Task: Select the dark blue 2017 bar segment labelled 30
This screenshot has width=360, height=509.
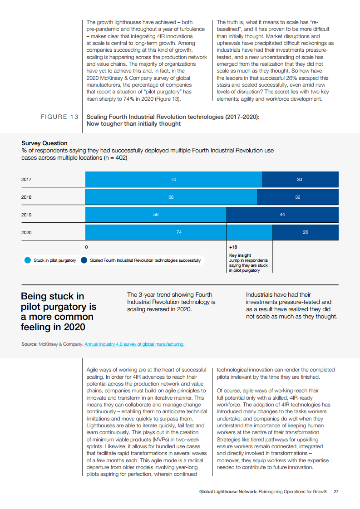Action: (300, 180)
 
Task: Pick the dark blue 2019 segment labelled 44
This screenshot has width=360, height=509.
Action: (282, 215)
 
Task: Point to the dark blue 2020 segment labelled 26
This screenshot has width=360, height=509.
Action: (305, 232)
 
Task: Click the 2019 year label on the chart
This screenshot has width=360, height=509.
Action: (26, 215)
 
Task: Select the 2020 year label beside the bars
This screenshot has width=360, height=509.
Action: (26, 232)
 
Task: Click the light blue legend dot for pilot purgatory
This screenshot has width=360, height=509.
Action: (27, 260)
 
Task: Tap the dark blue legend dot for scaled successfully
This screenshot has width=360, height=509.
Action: (84, 260)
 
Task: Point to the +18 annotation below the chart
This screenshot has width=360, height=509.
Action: (233, 247)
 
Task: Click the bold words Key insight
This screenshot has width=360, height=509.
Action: (240, 255)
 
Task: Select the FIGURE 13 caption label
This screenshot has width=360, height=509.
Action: (60, 117)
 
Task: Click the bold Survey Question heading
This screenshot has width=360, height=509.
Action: (44, 143)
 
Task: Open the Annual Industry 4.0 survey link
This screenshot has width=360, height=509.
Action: (134, 344)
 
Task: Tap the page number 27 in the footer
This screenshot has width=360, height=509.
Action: (336, 491)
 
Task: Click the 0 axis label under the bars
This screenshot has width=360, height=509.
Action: (86, 247)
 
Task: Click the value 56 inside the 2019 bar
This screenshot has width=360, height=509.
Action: (156, 215)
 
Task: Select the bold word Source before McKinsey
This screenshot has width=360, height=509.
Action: (29, 344)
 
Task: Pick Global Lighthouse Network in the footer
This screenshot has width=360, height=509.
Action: (228, 491)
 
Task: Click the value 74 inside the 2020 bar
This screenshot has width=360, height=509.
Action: (179, 232)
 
